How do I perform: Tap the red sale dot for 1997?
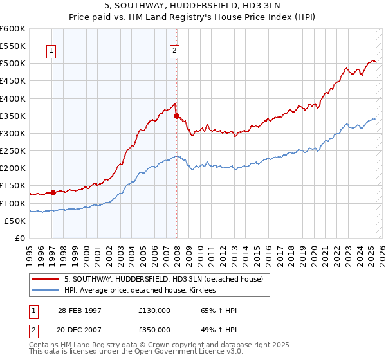(53, 192)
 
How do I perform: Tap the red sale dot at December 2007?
(176, 116)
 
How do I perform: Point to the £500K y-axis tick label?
(13, 64)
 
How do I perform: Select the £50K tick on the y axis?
(15, 221)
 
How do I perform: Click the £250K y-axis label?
(13, 151)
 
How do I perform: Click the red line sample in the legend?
(46, 279)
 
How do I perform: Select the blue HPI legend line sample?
(46, 291)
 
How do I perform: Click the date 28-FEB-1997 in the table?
(80, 310)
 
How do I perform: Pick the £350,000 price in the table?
(154, 330)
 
